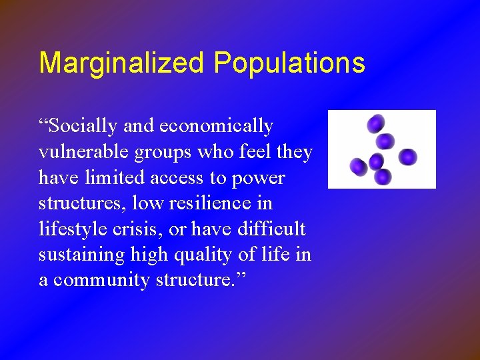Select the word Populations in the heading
point(289,63)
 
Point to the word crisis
point(145,229)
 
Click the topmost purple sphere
point(376,123)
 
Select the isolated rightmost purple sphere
point(408,157)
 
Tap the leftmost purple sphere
point(358,166)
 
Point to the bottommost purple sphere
point(382,177)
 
